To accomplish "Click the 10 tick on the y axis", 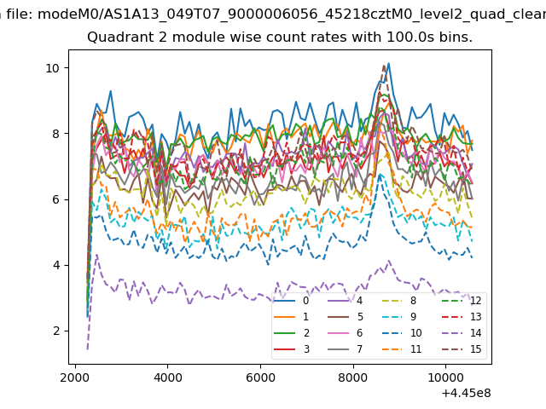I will [54, 68].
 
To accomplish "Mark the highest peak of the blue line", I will [388, 63].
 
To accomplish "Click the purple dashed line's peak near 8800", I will [390, 261].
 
